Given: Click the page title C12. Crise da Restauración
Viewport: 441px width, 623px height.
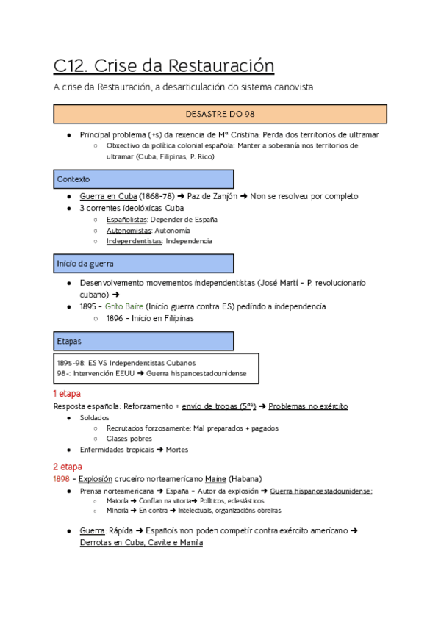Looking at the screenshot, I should click(163, 66).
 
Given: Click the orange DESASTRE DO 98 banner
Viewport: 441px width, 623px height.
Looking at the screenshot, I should click(220, 114).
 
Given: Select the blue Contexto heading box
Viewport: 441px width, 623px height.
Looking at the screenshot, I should click(144, 179).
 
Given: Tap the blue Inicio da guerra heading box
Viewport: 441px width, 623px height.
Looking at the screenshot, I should click(144, 263).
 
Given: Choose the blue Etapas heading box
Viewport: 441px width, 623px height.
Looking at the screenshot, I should click(144, 341).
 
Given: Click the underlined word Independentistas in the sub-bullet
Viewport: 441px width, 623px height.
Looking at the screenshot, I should click(134, 241).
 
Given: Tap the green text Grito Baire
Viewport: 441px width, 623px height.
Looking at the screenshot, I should click(125, 306).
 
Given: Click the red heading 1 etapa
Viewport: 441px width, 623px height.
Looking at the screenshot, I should click(67, 394).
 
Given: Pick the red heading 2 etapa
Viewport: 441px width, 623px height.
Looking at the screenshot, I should click(67, 467).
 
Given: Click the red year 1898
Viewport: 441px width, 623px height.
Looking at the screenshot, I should click(62, 478).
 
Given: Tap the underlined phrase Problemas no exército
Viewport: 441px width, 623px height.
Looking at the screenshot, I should click(310, 406).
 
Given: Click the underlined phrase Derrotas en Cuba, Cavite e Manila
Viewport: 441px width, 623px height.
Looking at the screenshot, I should click(141, 542).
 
